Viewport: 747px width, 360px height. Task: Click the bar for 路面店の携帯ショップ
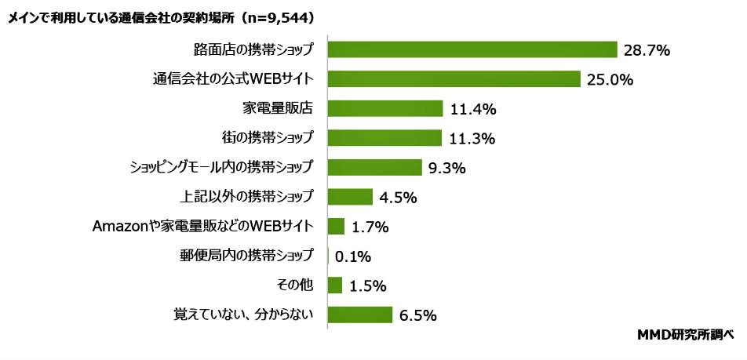(472, 49)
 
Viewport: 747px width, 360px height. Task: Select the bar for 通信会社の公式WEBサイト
(454, 78)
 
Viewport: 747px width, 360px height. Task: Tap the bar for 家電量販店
(385, 108)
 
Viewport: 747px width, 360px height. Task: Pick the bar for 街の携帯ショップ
(384, 138)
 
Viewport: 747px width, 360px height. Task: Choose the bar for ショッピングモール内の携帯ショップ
(375, 167)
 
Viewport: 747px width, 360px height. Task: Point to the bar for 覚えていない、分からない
(359, 315)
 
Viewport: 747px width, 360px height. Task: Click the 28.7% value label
(647, 50)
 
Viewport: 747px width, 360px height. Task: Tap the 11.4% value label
(473, 109)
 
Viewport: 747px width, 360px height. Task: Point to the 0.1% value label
(352, 256)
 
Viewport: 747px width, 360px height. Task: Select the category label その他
(297, 285)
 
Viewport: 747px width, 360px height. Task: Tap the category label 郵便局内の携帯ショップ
(247, 256)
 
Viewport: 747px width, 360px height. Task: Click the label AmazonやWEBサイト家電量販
(203, 227)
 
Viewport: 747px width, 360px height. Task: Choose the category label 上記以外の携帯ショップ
(247, 196)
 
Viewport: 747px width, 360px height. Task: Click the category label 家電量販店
(279, 108)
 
